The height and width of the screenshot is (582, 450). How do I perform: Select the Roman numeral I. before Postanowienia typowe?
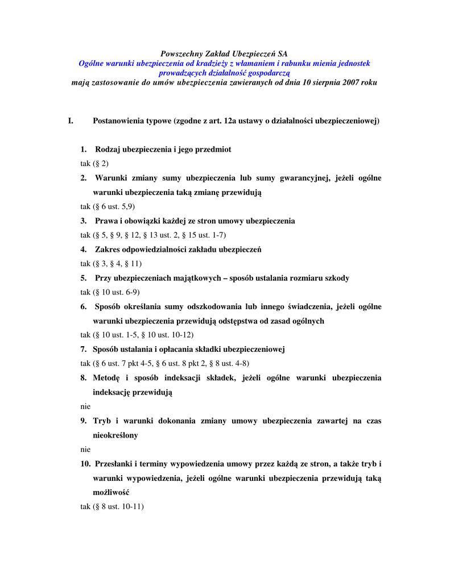point(71,121)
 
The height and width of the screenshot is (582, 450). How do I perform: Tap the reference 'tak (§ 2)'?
point(94,164)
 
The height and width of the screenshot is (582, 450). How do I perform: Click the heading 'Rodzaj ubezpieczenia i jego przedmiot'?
point(163,149)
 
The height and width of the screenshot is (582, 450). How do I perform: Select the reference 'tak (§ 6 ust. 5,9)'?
point(108,206)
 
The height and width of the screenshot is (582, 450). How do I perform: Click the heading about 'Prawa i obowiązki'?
point(195,221)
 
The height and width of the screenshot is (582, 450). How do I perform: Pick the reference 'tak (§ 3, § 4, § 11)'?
point(111,264)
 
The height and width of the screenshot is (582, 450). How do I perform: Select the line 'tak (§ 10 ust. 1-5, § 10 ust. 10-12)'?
point(137,335)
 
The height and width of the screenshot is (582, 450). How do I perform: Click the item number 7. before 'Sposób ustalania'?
point(84,349)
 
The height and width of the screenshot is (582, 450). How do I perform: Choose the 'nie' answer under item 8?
point(85,406)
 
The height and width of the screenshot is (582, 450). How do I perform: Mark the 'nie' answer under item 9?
point(85,449)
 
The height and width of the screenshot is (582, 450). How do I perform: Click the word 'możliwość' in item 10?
point(111,492)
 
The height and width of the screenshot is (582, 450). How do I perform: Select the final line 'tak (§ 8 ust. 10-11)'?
point(112,506)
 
